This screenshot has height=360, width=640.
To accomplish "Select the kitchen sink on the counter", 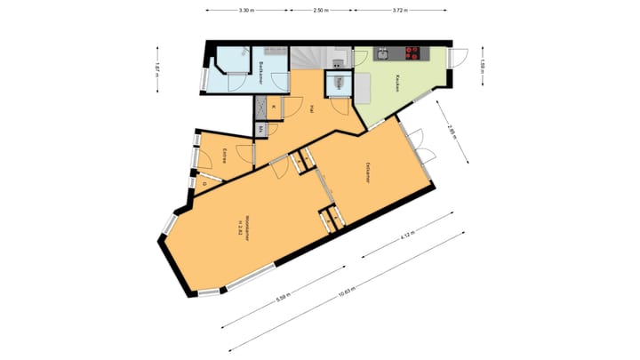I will point(382,53).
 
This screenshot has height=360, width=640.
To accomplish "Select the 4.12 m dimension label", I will point(407,236).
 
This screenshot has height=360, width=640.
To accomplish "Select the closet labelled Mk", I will point(260,129).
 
